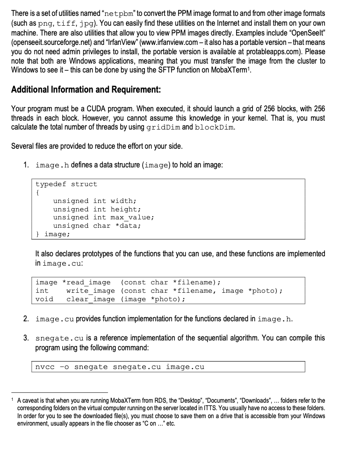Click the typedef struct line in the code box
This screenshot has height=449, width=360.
coord(66,184)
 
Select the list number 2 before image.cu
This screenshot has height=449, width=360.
coord(27,319)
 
